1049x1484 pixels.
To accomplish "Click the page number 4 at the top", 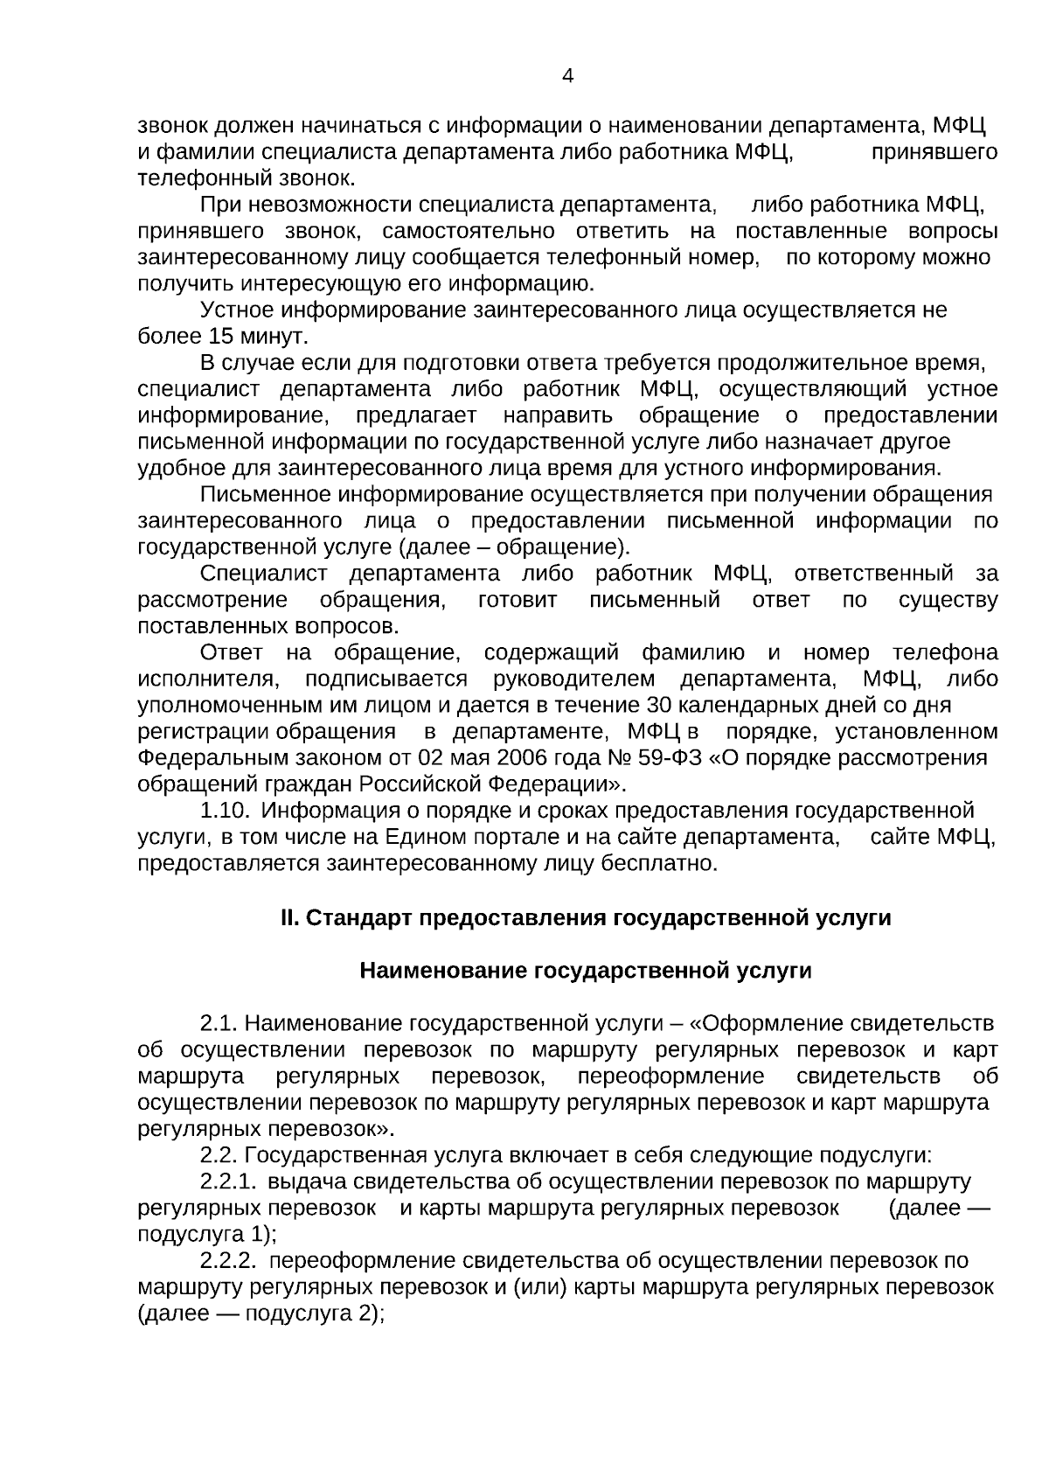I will (x=567, y=76).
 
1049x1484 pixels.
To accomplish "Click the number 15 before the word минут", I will (x=219, y=337).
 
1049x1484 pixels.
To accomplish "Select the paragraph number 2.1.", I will (x=219, y=1023).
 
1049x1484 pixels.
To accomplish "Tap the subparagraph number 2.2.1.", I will (x=228, y=1182).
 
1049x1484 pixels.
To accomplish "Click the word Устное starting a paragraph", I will (x=238, y=310).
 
